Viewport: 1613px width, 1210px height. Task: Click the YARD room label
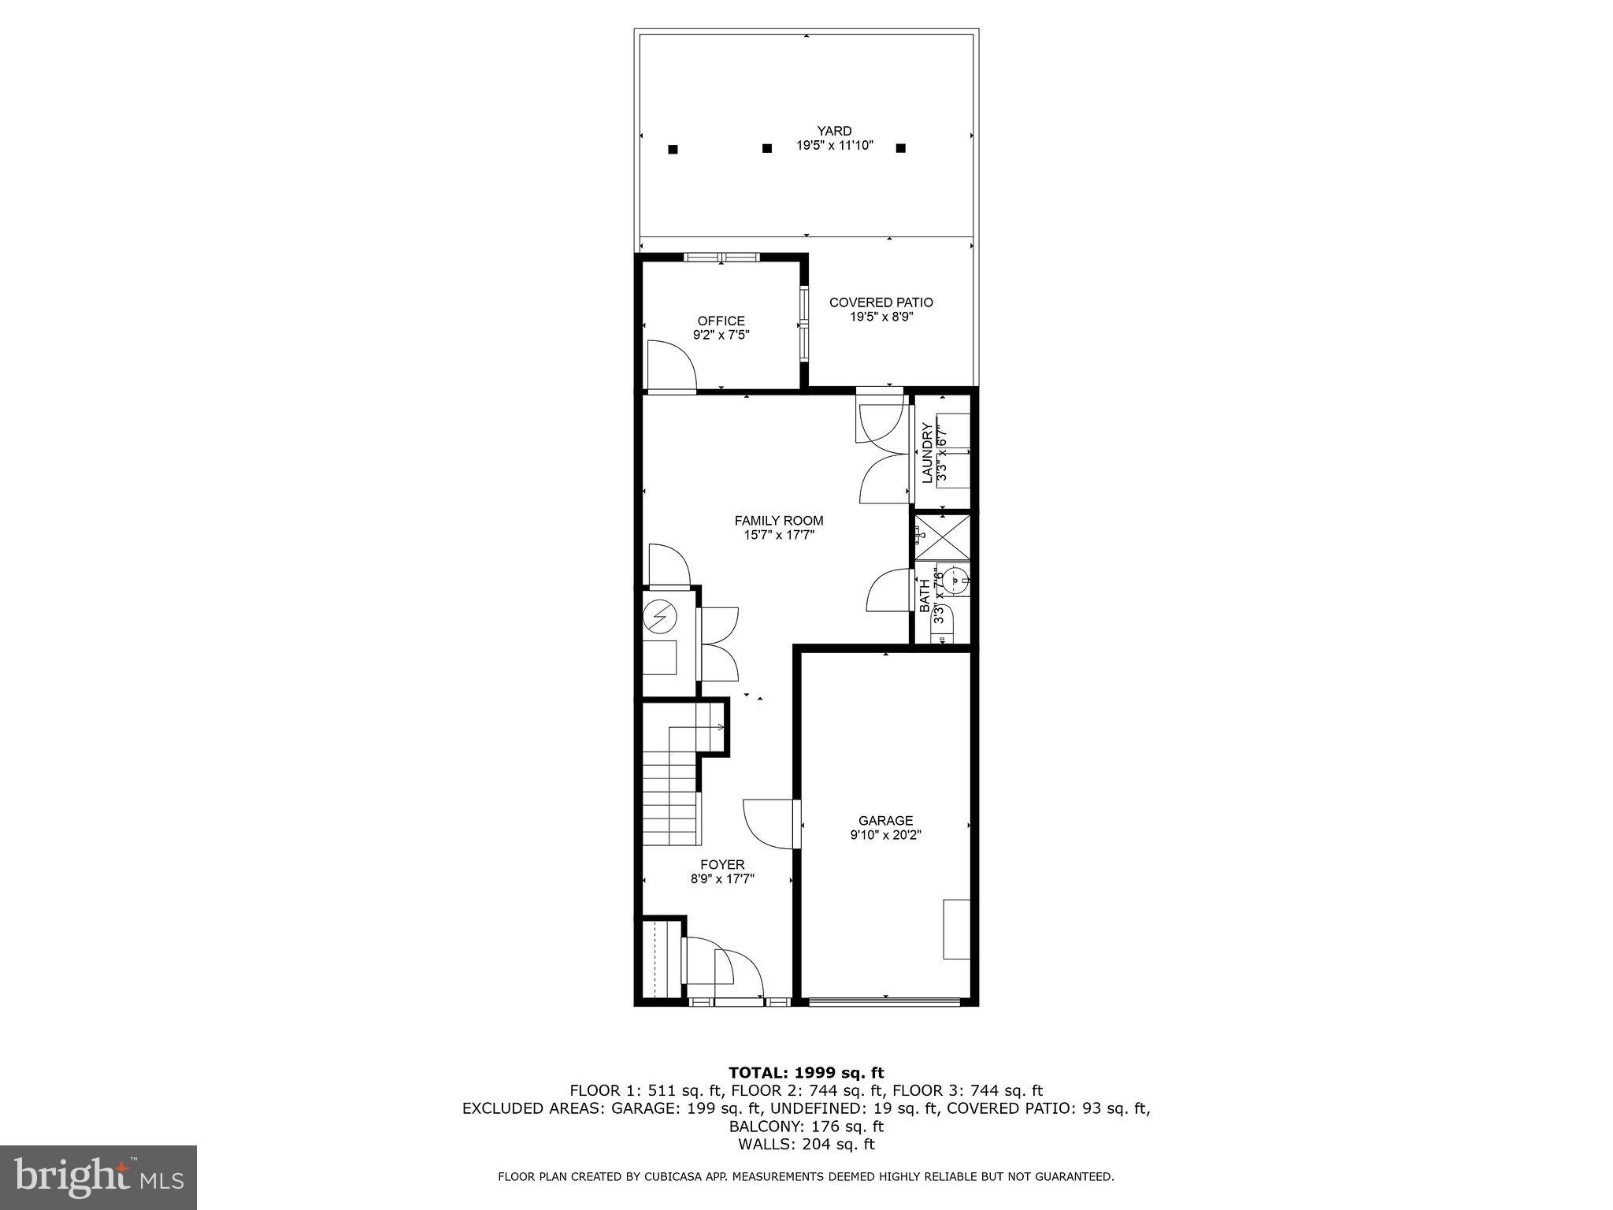pyautogui.click(x=834, y=131)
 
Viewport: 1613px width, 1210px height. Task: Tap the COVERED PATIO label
pyautogui.click(x=881, y=302)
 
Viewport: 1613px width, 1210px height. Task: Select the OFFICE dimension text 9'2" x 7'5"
pyautogui.click(x=721, y=335)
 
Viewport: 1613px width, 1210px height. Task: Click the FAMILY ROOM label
pyautogui.click(x=779, y=521)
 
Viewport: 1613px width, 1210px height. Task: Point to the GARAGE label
pyautogui.click(x=885, y=821)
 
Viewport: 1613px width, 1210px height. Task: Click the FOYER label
pyautogui.click(x=722, y=865)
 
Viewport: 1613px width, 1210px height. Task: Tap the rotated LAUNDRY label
pyautogui.click(x=927, y=453)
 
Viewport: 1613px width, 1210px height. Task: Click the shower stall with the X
pyautogui.click(x=942, y=538)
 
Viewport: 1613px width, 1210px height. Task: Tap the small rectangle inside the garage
pyautogui.click(x=956, y=929)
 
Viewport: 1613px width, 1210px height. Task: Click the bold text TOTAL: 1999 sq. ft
pyautogui.click(x=806, y=1072)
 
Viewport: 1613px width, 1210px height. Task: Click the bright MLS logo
pyautogui.click(x=98, y=1178)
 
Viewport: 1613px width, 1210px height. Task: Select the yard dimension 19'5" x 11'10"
pyautogui.click(x=834, y=146)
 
